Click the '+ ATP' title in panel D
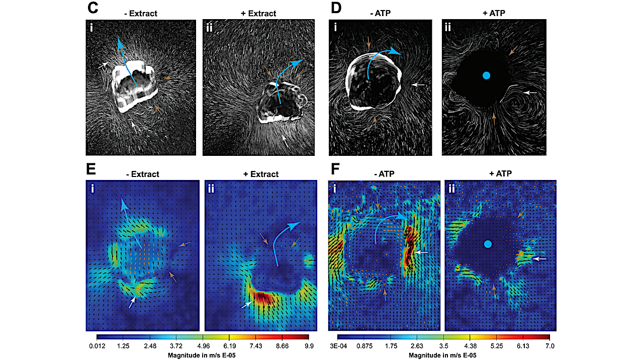pos(493,14)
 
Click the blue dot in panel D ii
pos(486,75)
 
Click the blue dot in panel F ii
pos(487,244)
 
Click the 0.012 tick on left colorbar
pos(97,346)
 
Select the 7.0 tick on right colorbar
pos(549,346)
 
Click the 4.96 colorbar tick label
pos(203,346)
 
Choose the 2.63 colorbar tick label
pos(417,346)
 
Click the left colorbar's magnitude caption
pos(202,355)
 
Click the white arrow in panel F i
pos(421,252)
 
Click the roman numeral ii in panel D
pos(450,28)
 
